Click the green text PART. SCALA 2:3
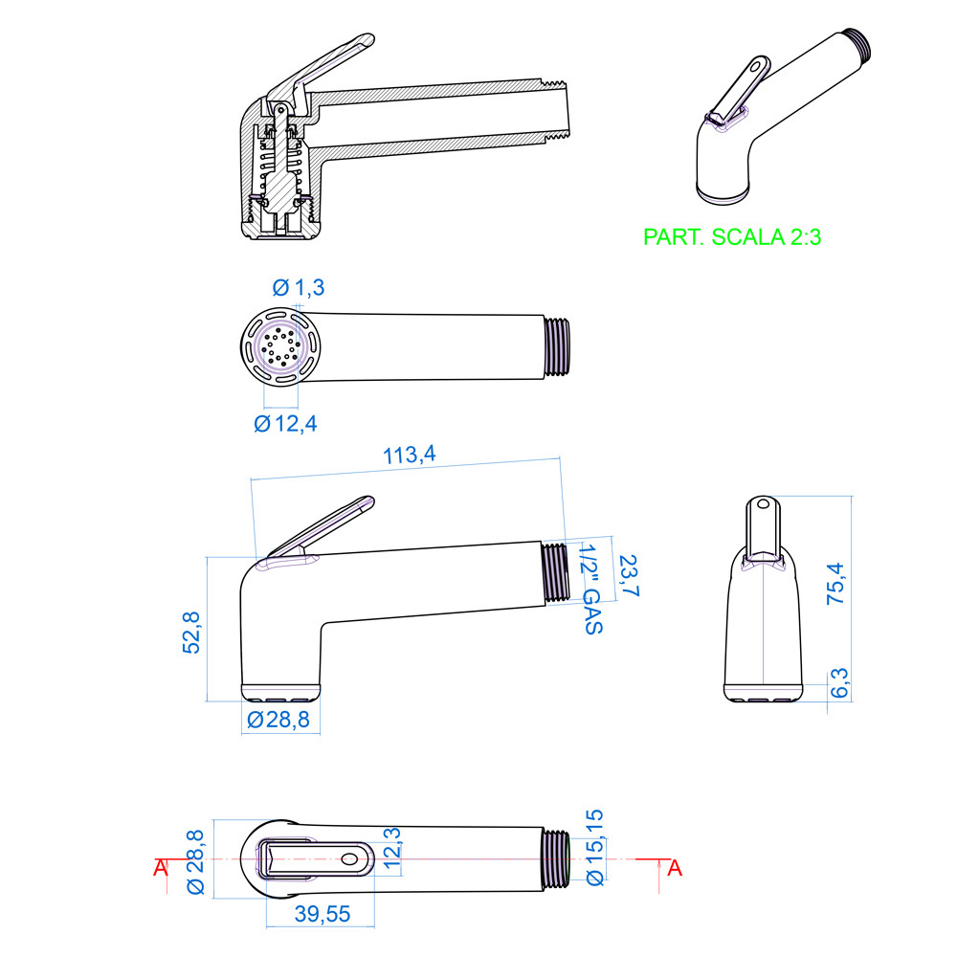pyautogui.click(x=732, y=236)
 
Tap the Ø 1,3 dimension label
pyautogui.click(x=299, y=287)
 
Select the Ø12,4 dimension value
pyautogui.click(x=285, y=423)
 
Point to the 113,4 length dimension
pyautogui.click(x=409, y=455)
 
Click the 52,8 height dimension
pyautogui.click(x=191, y=633)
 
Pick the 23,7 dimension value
pyautogui.click(x=629, y=575)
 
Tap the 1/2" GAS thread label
pyautogui.click(x=590, y=590)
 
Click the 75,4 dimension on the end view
pyautogui.click(x=836, y=584)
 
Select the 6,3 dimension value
pyautogui.click(x=840, y=683)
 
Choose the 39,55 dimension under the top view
pyautogui.click(x=323, y=914)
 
